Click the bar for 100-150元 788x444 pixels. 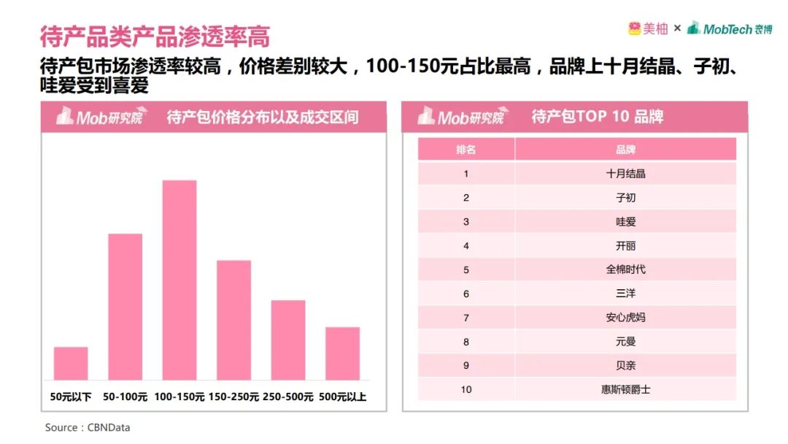point(179,280)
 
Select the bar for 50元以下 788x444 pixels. point(71,363)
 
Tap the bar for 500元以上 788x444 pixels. point(342,353)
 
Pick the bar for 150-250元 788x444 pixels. point(233,320)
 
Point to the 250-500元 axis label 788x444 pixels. point(287,397)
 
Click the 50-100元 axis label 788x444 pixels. point(125,397)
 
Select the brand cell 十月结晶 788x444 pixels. point(625,174)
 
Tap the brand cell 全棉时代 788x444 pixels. point(625,269)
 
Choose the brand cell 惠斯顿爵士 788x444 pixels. point(625,389)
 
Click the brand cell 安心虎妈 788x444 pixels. point(625,318)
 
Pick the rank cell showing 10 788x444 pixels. point(466,389)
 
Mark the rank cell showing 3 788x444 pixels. point(466,222)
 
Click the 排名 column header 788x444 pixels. point(466,149)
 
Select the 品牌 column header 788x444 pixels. point(625,149)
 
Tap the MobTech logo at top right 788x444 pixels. point(729,28)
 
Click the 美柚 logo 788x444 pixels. point(647,28)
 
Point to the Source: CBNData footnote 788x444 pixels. point(88,427)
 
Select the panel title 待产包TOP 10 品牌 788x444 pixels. point(597,117)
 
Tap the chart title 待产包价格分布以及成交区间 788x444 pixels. point(263,117)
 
